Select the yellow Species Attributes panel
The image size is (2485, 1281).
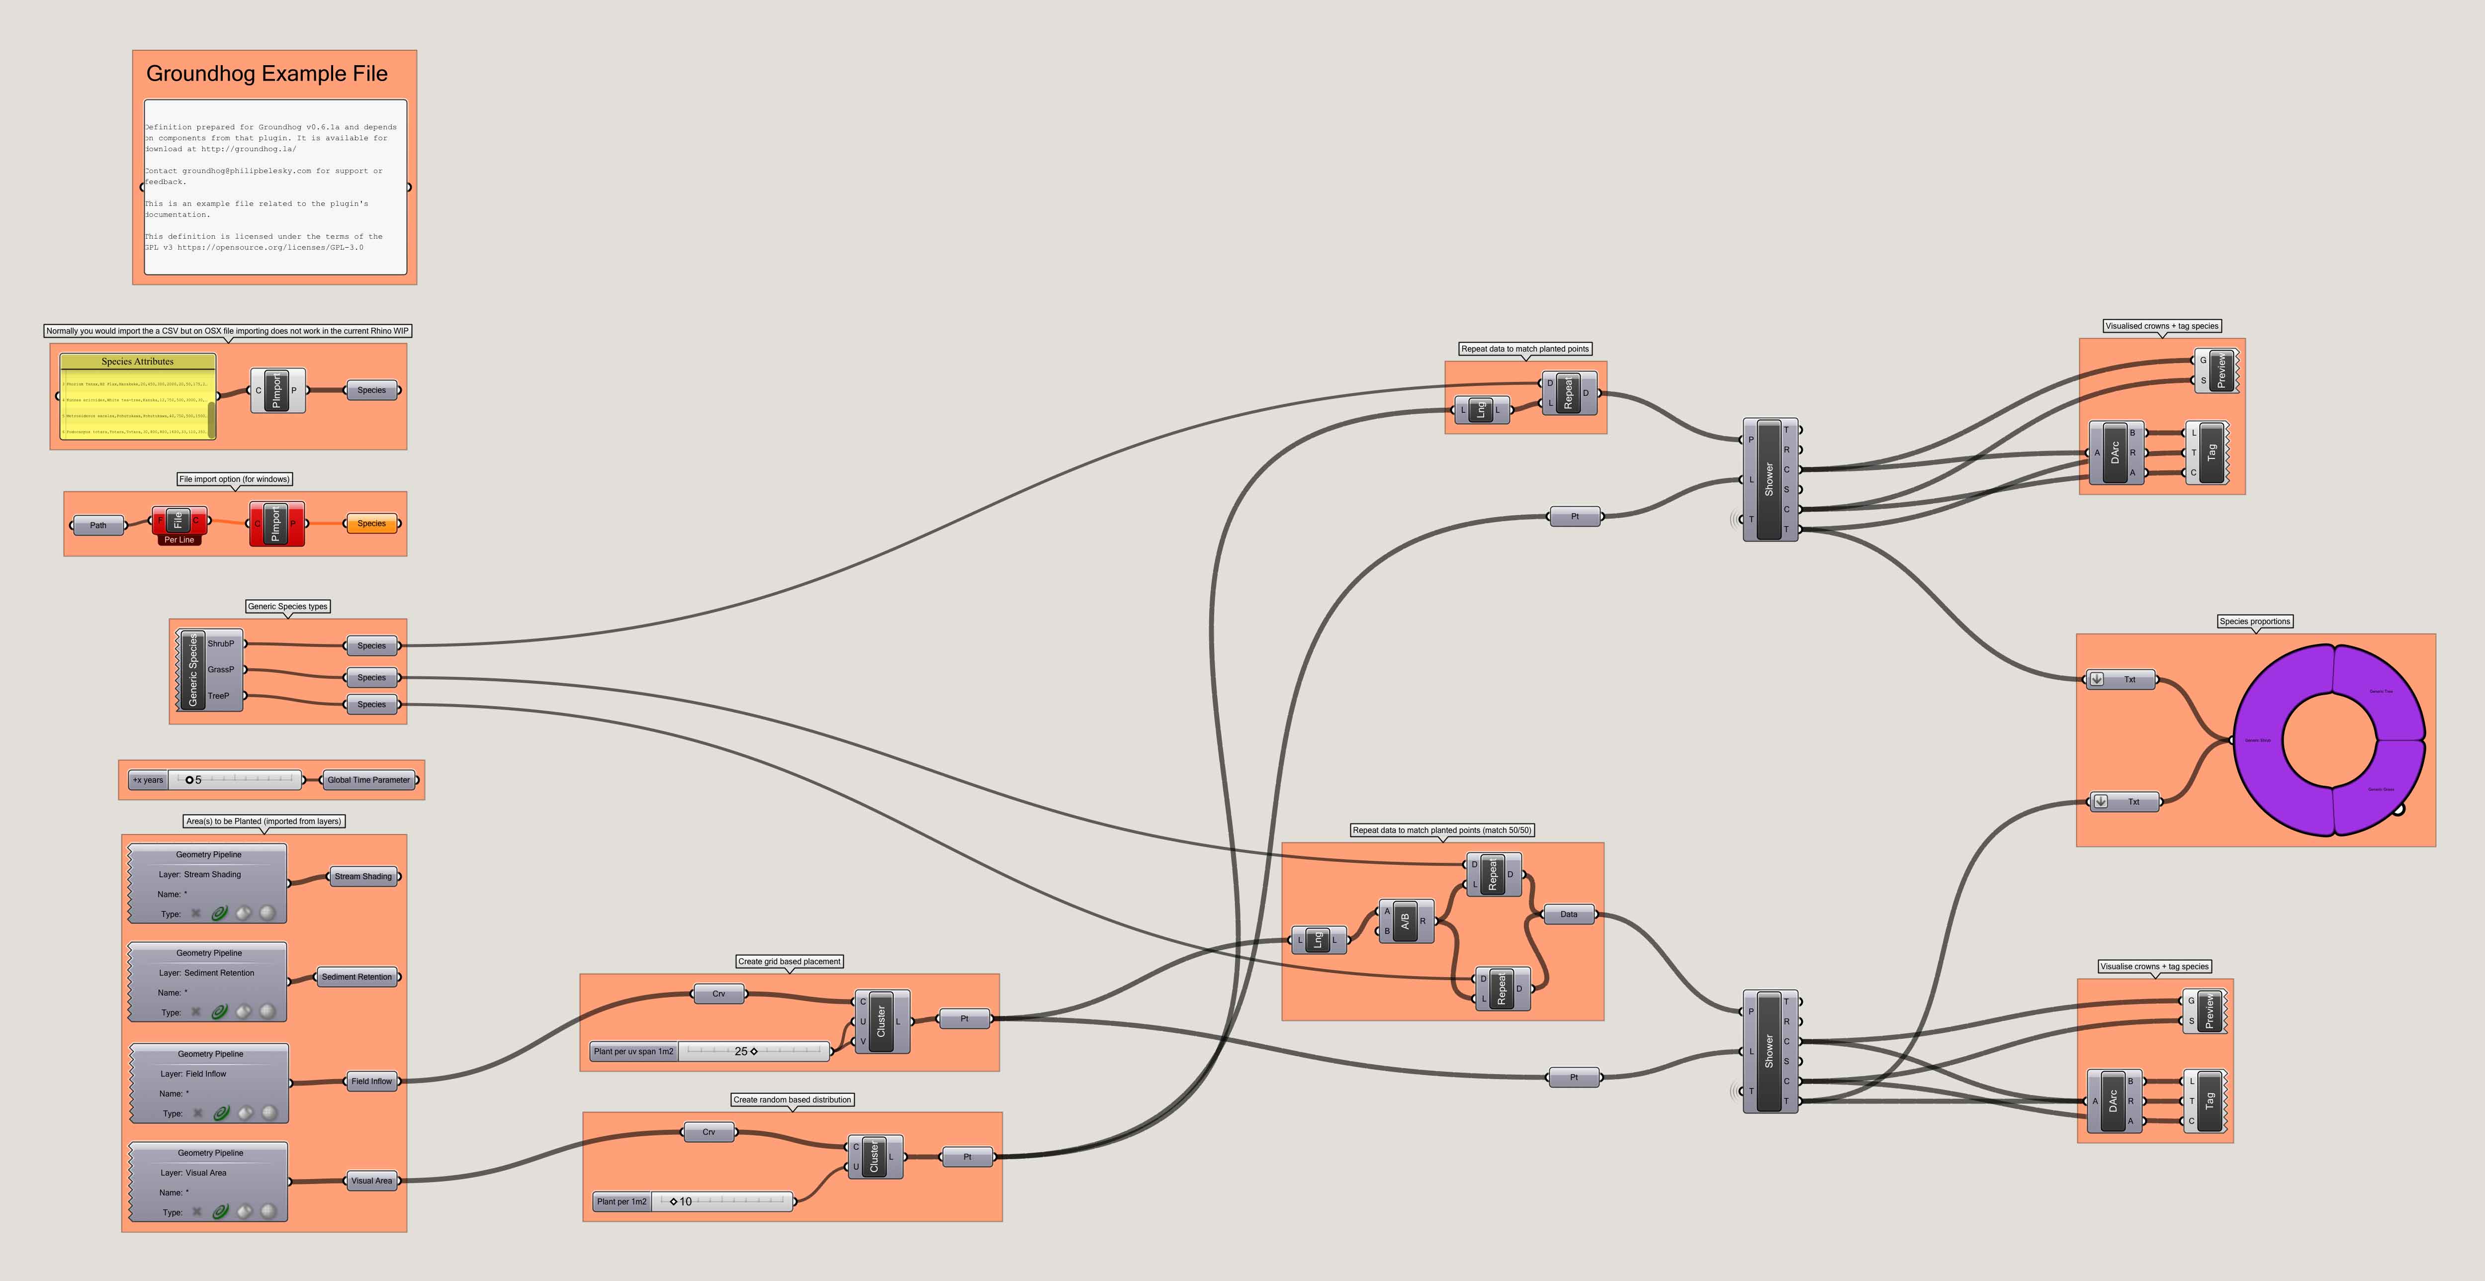(137, 395)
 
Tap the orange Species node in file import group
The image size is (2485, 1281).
(371, 524)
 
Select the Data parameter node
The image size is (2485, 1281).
(1569, 915)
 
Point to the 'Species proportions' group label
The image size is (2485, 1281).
(2254, 621)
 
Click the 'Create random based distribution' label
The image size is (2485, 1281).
(792, 1099)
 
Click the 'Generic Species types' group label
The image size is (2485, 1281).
(287, 607)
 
